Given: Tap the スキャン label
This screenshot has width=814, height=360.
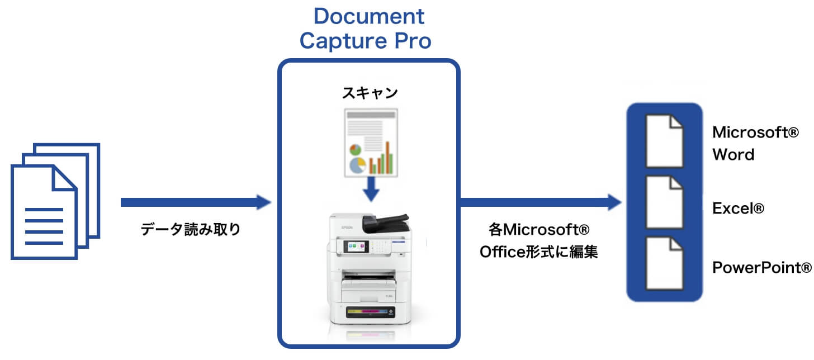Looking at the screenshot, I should pos(370,93).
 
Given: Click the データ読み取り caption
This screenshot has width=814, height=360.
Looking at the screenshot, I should pos(191,229).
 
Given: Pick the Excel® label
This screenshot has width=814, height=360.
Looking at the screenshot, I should pos(738,209).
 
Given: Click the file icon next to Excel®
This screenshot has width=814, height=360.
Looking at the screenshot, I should pos(664,202).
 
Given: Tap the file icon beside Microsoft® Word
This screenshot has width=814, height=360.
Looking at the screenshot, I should pos(664,141).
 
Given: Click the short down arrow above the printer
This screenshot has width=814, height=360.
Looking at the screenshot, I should pos(370,190).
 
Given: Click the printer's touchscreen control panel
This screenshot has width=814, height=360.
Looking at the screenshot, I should pos(356,246).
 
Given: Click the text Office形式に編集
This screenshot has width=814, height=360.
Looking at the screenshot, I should pos(539,252).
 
